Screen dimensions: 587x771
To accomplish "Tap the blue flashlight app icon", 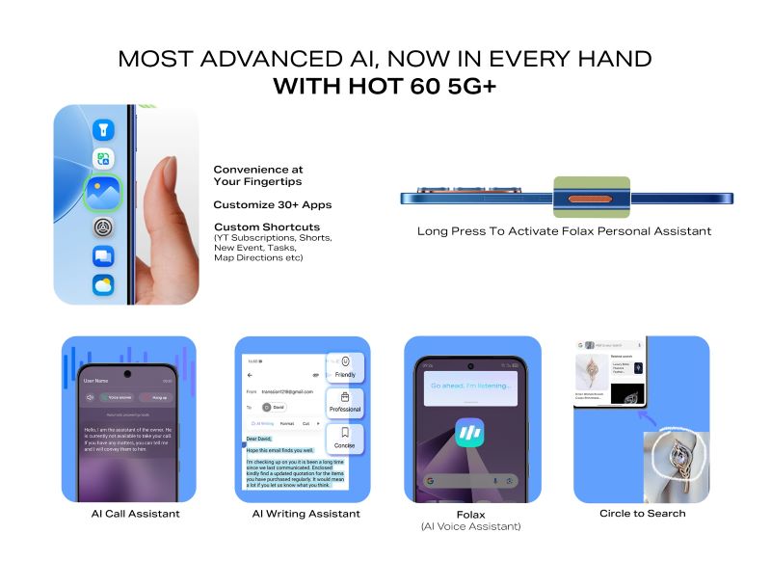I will tap(103, 129).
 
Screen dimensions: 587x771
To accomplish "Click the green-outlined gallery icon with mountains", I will tap(102, 192).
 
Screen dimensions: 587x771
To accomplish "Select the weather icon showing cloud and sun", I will tap(103, 285).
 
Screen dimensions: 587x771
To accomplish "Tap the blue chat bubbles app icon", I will tap(103, 256).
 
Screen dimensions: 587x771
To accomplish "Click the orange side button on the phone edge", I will tap(591, 200).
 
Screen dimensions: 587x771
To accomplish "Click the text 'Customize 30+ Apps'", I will tap(272, 204).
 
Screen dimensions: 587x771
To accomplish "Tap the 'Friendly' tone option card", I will tap(344, 368).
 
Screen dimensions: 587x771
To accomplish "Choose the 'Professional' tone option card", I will tap(344, 403).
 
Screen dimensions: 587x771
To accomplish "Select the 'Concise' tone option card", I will tap(344, 439).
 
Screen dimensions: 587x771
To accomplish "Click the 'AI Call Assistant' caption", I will tap(135, 514).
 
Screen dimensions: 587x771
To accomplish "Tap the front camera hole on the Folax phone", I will tap(470, 366).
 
